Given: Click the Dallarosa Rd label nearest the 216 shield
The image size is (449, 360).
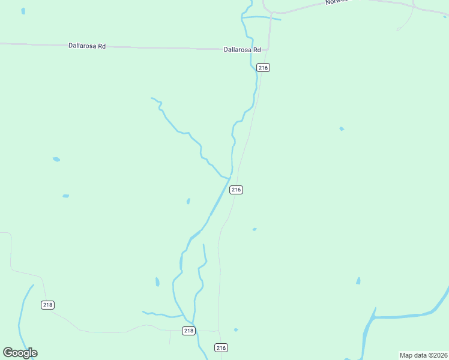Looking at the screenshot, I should point(242,50).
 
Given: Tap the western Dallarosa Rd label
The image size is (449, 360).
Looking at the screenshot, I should point(87,46).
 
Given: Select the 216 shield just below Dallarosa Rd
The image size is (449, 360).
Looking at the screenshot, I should point(263,68).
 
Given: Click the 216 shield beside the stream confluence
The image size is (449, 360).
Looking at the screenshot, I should point(236,190).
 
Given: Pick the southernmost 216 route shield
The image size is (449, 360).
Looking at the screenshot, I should point(221,348).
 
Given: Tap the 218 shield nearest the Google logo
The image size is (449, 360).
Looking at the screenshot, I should point(48,305).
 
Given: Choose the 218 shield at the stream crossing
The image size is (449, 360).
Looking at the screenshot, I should point(188,331).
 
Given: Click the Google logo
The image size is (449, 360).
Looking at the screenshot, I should point(20,353).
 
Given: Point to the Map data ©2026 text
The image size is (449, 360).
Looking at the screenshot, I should point(424,355).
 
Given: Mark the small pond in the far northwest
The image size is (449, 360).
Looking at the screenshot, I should point(23,11).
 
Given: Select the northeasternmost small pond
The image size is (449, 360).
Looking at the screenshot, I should point(342,128).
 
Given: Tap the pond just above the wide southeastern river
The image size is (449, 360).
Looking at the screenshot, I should point(358,281).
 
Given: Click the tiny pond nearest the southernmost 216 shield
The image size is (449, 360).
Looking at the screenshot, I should point(236,329).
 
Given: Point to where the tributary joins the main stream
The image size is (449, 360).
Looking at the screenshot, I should point(229,178).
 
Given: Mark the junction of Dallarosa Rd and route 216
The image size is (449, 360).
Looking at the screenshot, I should point(268,49).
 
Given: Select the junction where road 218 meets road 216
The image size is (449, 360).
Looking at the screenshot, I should point(218,330).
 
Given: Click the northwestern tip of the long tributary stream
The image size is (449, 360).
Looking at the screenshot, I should point(152,98).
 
